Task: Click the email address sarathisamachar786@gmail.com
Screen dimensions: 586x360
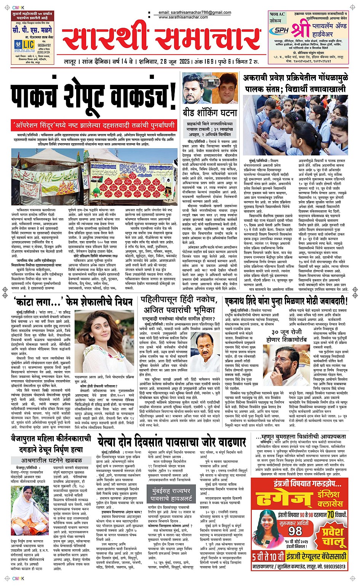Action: coord(195,13)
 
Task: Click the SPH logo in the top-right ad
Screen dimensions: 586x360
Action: coord(278,30)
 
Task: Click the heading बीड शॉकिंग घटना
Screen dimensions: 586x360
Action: coord(209,112)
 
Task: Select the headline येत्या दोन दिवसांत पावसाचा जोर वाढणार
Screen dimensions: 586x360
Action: coord(171,442)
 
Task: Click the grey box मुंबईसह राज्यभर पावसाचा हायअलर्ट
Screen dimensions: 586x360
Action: coord(170,494)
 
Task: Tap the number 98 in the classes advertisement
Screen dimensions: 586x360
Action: coord(295,531)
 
